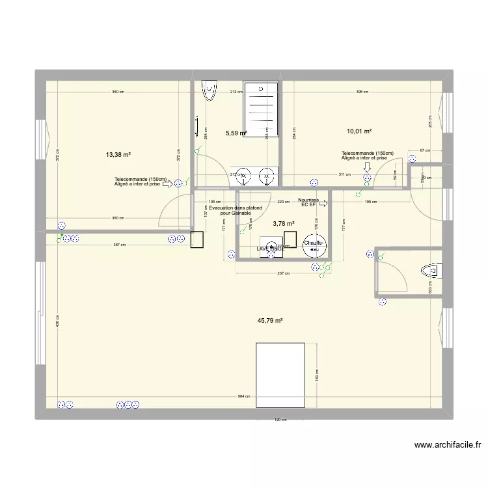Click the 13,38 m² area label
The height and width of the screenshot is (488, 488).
[118, 155]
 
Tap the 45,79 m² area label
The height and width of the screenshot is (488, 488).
[271, 321]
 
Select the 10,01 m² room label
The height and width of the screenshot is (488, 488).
[359, 131]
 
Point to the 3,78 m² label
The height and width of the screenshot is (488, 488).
[284, 224]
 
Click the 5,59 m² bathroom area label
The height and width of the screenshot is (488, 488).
[236, 133]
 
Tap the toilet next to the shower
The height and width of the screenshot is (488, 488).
[210, 90]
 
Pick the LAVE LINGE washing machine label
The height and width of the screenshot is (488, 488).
[270, 249]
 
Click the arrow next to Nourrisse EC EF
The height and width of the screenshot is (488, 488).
[323, 204]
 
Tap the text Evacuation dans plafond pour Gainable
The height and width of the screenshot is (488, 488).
[236, 210]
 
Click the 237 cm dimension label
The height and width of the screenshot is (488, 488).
[282, 273]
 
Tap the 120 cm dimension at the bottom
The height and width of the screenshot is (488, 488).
[280, 420]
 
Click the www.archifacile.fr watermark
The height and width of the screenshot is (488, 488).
[446, 446]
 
